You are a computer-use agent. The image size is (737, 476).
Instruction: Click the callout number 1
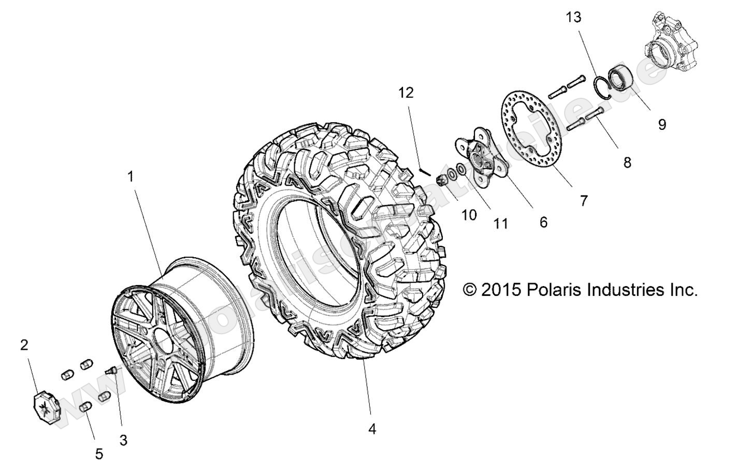pos(131,177)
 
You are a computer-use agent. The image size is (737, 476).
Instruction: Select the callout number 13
pos(573,18)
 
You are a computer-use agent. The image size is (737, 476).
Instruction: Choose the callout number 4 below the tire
pos(372,429)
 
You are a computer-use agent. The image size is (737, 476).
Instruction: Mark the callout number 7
pos(584,201)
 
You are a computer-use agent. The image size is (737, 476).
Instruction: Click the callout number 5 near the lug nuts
pos(99,454)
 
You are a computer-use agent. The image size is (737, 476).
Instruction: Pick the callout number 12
pos(407,93)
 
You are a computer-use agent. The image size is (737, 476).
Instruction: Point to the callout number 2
pos(24,345)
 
